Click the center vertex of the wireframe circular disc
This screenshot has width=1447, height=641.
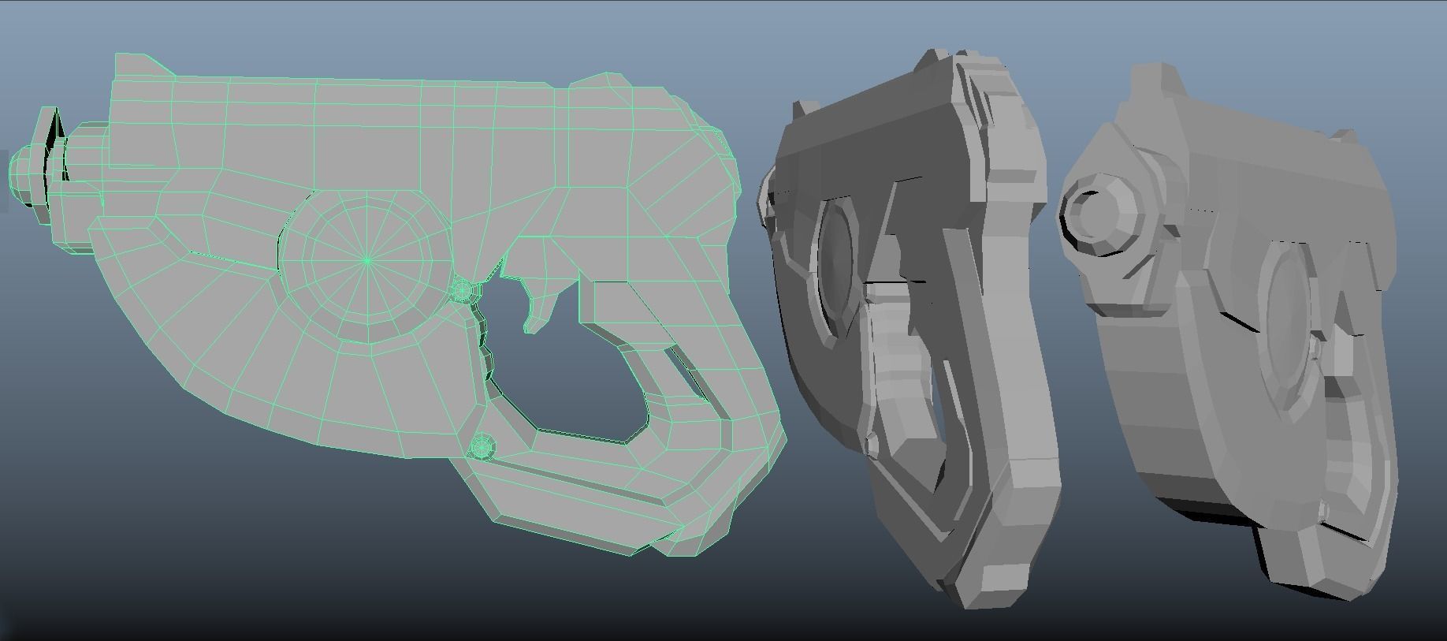367,260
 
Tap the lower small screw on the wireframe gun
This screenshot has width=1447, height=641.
481,448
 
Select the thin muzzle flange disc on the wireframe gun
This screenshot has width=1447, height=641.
50,157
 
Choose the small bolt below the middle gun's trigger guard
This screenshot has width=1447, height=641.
872,445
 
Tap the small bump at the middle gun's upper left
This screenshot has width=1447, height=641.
805,110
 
